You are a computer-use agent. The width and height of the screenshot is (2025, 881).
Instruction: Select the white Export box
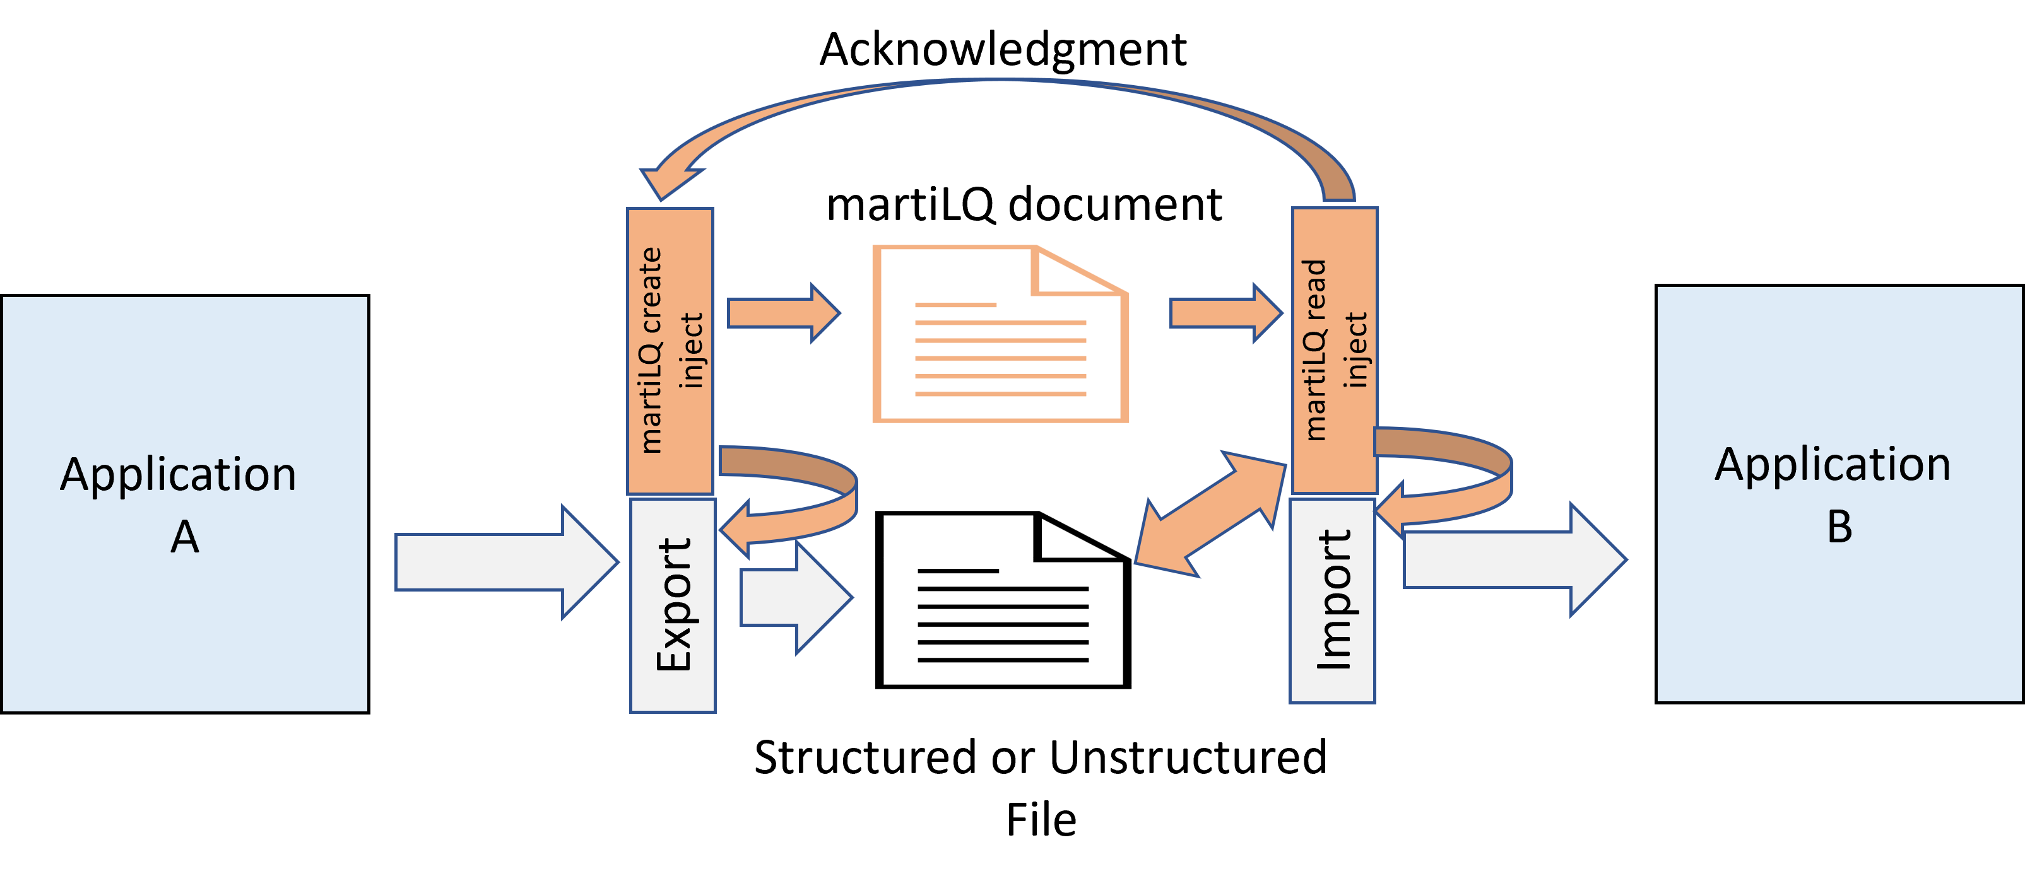(x=673, y=605)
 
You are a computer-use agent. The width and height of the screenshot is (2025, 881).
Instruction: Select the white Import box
(x=1333, y=601)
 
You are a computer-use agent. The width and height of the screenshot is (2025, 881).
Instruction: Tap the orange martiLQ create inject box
(x=670, y=350)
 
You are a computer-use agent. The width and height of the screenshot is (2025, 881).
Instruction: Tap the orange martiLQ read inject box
(x=1335, y=350)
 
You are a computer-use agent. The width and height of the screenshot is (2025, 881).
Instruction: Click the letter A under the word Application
(x=185, y=537)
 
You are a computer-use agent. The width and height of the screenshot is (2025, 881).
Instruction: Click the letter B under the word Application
(x=1839, y=527)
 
